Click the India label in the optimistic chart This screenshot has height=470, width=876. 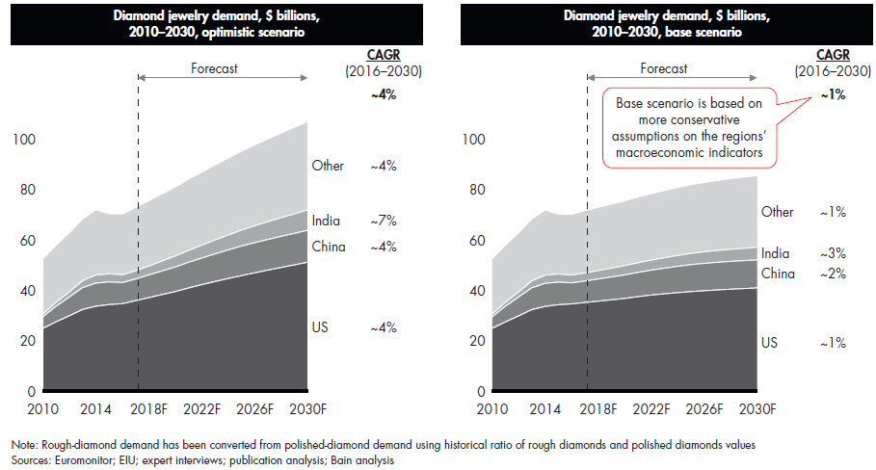326,222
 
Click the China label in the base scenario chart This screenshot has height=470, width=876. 778,274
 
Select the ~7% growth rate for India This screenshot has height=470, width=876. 385,222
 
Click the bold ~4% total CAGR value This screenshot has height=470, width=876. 385,95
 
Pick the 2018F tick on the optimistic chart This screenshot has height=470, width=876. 150,409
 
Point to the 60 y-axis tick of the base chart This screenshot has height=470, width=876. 475,241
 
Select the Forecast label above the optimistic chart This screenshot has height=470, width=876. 214,69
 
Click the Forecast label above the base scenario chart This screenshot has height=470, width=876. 665,69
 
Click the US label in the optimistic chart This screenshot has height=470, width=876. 320,327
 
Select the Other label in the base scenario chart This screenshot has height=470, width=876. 778,212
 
